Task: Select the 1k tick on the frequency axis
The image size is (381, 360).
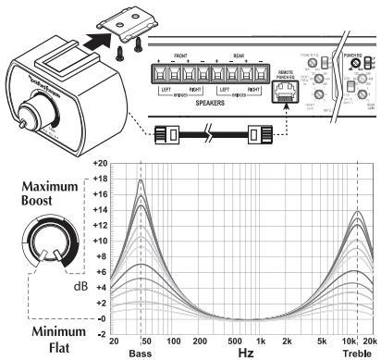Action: click(x=262, y=341)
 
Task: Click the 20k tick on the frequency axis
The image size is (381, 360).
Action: click(x=370, y=341)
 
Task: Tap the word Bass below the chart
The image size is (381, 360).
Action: click(x=140, y=354)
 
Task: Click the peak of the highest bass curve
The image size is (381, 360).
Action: click(x=140, y=180)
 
